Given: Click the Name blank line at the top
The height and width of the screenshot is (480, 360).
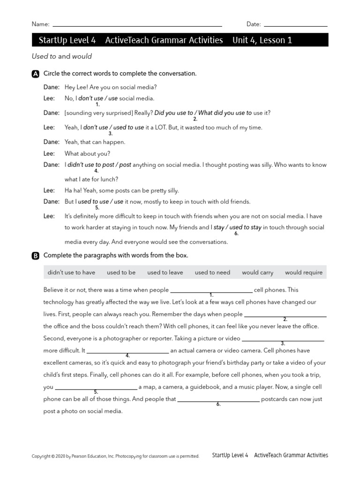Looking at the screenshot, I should pos(137,25).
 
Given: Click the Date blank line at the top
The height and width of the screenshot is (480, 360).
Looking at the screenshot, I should pos(295,25).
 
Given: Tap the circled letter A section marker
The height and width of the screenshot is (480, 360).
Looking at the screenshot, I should pos(36,74).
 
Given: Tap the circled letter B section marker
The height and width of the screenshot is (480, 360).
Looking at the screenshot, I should pos(36,256).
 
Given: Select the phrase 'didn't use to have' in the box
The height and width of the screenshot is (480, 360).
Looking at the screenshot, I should pos(71,272).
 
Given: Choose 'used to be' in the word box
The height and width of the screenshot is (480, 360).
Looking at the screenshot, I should pos(121,272).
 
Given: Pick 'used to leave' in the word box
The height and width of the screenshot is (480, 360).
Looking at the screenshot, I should pos(165,272).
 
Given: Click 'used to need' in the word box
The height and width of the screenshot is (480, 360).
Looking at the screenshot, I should pos(212,272).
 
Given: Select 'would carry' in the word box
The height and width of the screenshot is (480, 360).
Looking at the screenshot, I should pos(257,272).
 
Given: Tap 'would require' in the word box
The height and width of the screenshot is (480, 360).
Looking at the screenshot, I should pos(304,272).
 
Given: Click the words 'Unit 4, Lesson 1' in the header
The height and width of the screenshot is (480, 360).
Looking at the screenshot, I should pos(262,40).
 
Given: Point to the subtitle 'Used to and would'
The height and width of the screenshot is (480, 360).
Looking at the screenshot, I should pos(62,56).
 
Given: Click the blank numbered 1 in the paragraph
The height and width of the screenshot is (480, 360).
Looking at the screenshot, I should pos(211,291).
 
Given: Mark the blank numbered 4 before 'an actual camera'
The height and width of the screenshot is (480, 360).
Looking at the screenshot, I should pos(127,351).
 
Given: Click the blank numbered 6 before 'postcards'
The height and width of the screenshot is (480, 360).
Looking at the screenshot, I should pos(218,400).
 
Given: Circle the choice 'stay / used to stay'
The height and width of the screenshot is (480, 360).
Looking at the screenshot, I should pos(237,228).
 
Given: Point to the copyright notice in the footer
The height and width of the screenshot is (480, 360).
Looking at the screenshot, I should pos(115,456).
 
